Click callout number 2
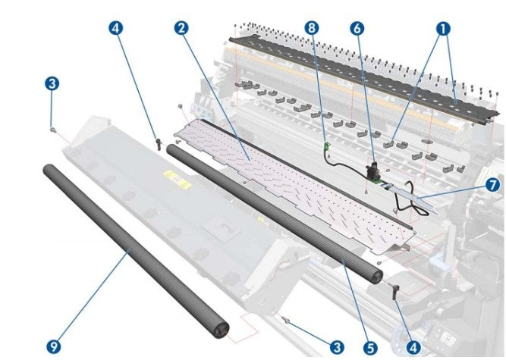point(181,28)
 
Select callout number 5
point(369,346)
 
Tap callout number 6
point(357,28)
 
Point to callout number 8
point(311,28)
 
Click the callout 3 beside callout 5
point(337,346)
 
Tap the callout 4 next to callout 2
point(115,28)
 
